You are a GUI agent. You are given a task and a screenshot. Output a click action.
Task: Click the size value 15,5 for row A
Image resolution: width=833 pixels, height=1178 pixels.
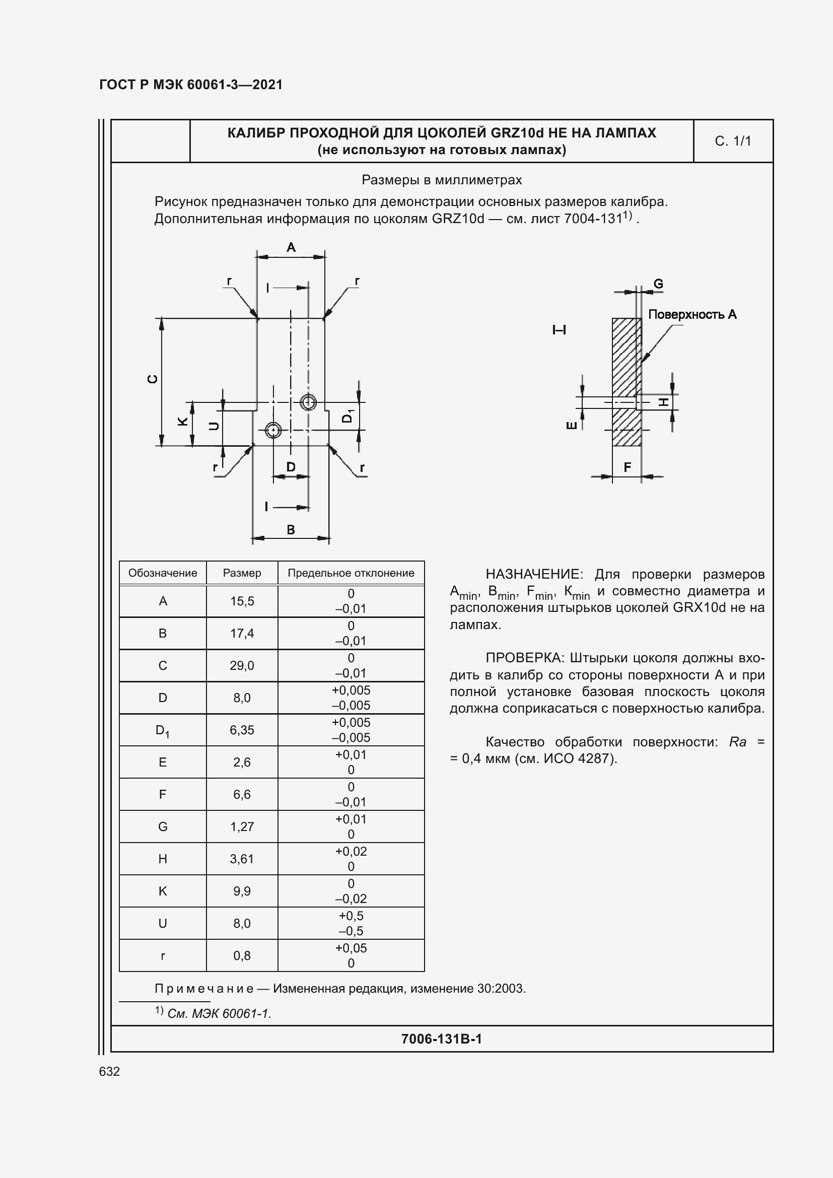click(242, 601)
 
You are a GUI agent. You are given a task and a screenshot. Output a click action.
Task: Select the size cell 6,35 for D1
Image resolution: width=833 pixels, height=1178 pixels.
click(242, 730)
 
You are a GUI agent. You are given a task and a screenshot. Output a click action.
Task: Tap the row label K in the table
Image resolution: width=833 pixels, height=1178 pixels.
click(163, 891)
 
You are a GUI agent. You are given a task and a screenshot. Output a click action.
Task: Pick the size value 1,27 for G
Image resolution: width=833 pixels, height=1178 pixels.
click(242, 826)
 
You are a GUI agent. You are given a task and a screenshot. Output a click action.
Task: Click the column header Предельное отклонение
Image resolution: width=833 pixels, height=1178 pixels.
click(351, 573)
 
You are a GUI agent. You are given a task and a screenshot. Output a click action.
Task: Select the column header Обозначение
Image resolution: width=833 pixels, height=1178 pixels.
click(163, 573)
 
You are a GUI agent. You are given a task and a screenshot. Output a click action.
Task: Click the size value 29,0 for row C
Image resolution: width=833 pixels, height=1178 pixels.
click(242, 665)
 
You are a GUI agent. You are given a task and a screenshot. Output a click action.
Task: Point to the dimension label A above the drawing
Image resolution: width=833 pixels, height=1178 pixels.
click(291, 247)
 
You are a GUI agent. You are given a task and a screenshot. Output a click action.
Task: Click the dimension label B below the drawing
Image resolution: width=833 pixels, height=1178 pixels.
click(291, 529)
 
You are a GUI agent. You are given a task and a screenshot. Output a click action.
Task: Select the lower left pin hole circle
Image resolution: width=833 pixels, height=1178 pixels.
click(273, 430)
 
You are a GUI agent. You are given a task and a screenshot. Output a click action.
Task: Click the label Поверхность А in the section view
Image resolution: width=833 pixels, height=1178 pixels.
click(692, 314)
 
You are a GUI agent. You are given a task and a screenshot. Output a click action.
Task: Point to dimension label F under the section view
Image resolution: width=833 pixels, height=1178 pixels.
click(627, 467)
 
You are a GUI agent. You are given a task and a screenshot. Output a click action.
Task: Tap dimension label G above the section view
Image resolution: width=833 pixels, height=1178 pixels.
click(658, 284)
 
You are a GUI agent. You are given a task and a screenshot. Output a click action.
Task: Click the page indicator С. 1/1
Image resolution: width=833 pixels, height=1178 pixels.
click(732, 141)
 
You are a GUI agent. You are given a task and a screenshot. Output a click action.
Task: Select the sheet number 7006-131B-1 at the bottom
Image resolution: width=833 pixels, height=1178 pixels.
click(441, 1039)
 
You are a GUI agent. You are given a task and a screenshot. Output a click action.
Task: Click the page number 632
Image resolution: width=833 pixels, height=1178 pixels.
click(109, 1071)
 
